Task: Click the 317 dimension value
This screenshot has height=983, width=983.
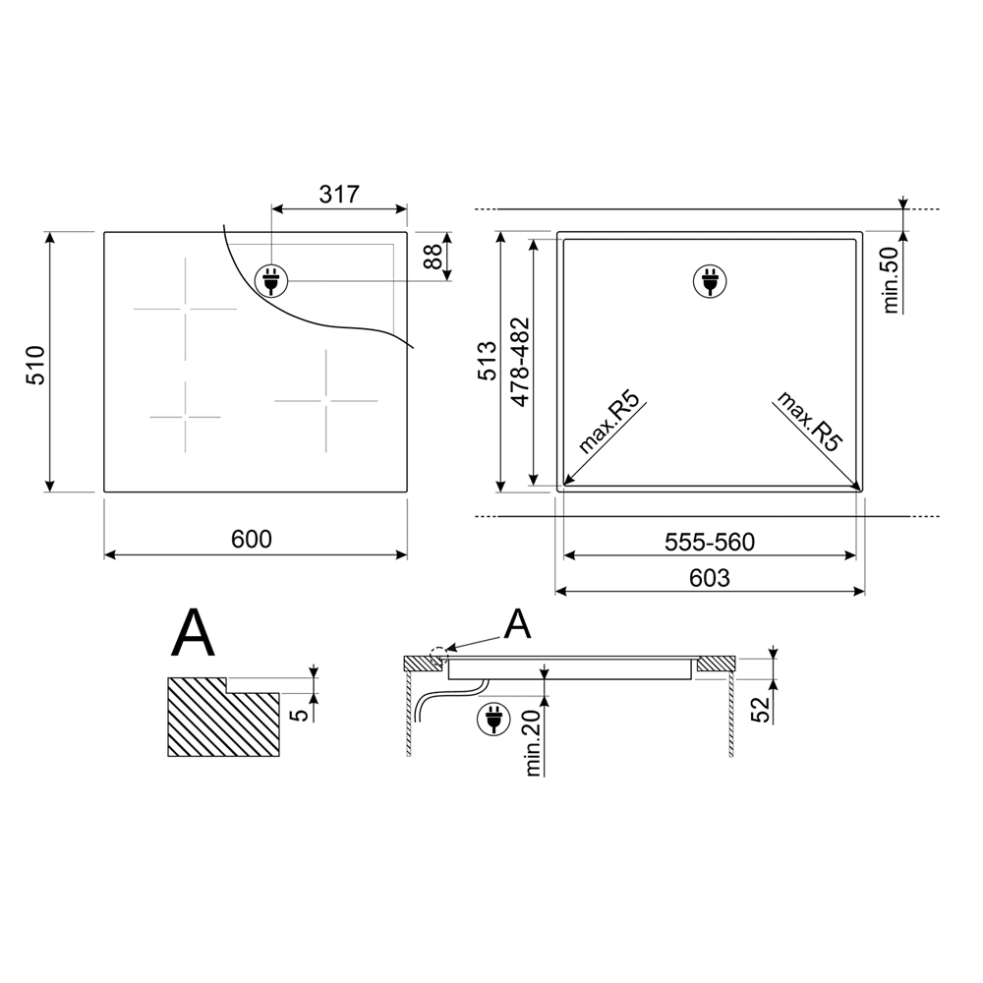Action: (x=339, y=195)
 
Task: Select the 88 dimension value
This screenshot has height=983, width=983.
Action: (x=433, y=256)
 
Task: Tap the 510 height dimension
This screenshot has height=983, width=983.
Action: (x=35, y=365)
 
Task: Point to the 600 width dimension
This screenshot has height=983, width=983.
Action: (x=252, y=539)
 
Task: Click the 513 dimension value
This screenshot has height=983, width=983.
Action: (x=488, y=361)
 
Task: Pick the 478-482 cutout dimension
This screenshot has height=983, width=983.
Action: (x=520, y=363)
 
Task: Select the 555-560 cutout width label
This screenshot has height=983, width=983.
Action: (x=710, y=542)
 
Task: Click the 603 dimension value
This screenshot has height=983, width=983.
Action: (x=710, y=578)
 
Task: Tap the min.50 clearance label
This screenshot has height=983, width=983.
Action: (x=891, y=279)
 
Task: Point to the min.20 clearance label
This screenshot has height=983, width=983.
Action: (x=534, y=743)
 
